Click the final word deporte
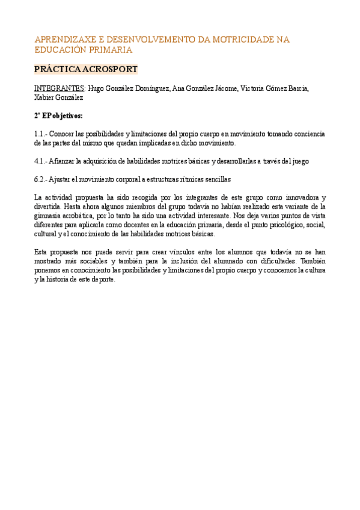coord(102,280)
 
